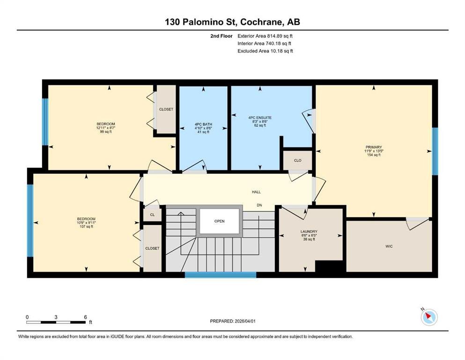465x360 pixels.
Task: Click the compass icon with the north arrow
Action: tap(429, 317)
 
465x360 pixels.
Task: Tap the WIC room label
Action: tap(389, 246)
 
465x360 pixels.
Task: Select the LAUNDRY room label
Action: tap(309, 232)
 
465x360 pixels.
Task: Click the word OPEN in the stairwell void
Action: tap(220, 221)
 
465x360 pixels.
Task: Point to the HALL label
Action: tap(256, 192)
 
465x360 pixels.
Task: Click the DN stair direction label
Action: tap(259, 205)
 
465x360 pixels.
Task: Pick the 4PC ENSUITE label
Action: tap(260, 118)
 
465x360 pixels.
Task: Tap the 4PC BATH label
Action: tap(203, 124)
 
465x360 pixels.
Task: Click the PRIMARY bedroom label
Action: tap(374, 147)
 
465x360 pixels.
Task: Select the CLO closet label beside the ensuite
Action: tap(298, 160)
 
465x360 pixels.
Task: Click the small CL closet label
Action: tap(153, 215)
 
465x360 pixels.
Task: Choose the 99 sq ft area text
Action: tap(106, 132)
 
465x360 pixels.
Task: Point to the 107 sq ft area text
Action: tap(86, 227)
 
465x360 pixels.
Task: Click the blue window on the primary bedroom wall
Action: tap(435, 151)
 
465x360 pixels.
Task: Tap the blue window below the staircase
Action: tap(221, 275)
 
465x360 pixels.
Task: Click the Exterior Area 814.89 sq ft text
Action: tap(265, 36)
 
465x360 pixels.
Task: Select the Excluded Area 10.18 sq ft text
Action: tap(265, 51)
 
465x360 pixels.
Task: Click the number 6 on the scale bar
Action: tap(85, 317)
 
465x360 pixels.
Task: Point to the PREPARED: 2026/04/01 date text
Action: tap(233, 321)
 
